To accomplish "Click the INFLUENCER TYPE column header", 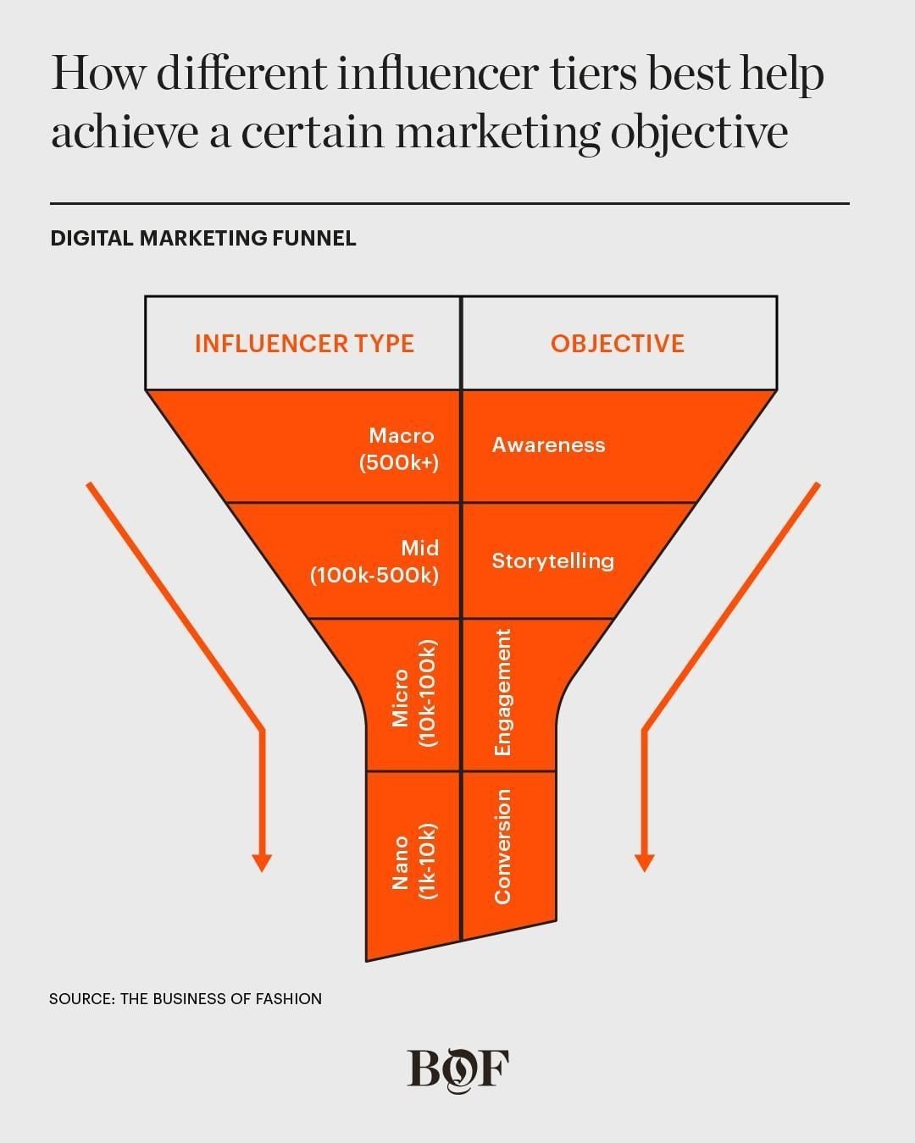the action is [304, 343].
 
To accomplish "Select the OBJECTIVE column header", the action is [618, 343].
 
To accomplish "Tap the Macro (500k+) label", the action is [400, 449].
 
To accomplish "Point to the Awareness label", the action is [548, 445].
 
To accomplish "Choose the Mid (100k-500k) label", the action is [375, 561].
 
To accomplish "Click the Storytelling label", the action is [552, 560].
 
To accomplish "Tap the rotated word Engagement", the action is [503, 693].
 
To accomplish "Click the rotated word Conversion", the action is [503, 847].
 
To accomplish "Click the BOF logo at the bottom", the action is [458, 1069].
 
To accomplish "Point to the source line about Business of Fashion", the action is [186, 999].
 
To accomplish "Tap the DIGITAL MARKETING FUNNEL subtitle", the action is [203, 238].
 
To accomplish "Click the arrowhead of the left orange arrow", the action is [263, 862].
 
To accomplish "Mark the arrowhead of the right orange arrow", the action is [645, 862].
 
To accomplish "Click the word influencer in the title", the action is [437, 74].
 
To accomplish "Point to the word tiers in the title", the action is [594, 74].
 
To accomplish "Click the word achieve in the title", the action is [125, 133].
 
